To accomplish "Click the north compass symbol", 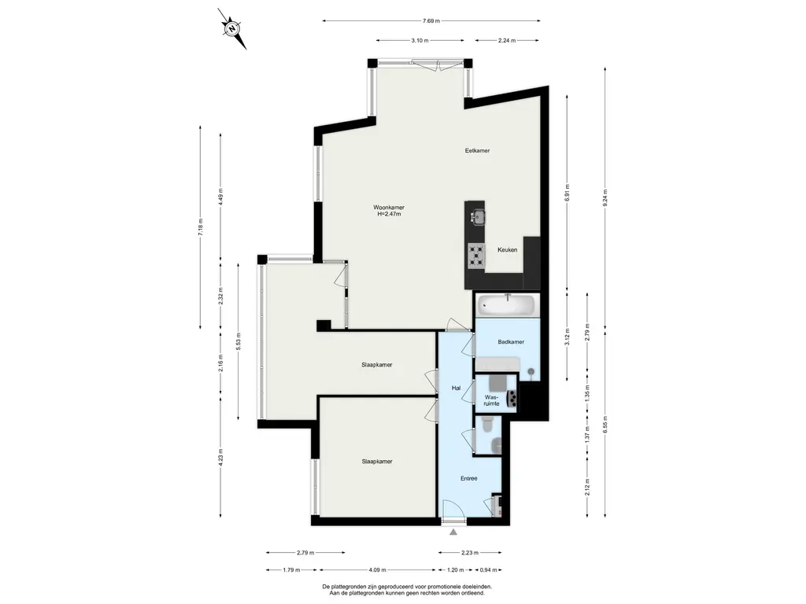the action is (233, 28).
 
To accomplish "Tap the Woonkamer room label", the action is (389, 208).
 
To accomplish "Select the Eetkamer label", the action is (477, 150).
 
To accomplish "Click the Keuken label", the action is (508, 249).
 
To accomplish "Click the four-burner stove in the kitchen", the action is (476, 256).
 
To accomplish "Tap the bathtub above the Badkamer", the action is (508, 305).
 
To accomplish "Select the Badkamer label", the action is (511, 341).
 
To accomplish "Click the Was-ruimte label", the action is (492, 400).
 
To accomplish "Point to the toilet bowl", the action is (488, 424).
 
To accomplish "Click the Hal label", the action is (456, 388).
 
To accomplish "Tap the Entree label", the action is (469, 478).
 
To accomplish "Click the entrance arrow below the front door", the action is (453, 532).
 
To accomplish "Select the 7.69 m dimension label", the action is (431, 21).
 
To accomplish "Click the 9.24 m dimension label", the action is (605, 197).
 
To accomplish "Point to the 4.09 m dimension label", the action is (377, 569).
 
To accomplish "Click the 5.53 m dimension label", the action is (238, 341).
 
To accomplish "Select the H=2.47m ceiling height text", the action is (389, 214).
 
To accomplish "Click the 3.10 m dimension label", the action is (420, 41).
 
